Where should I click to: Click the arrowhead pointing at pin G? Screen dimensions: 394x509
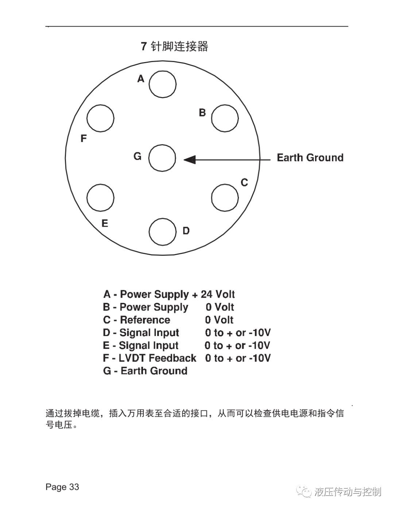pos(190,160)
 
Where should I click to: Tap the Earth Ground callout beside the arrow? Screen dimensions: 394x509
pos(310,158)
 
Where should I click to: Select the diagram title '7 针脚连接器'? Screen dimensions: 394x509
pos(174,46)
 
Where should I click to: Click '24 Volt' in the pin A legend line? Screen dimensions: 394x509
pos(218,294)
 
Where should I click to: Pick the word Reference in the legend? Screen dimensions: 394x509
pos(145,320)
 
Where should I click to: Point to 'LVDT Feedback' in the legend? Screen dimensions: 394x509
pos(158,358)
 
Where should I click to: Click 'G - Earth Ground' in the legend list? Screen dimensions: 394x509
pos(145,371)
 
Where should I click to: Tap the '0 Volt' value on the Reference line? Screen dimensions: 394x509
pos(219,320)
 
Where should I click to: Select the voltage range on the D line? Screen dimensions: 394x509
pos(238,333)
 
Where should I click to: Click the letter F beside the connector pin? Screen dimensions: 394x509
pos(84,138)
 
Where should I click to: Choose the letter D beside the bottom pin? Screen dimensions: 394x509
pos(186,231)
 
